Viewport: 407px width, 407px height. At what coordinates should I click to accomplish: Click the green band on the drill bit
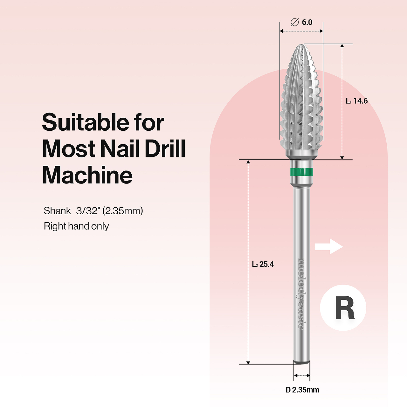(301, 172)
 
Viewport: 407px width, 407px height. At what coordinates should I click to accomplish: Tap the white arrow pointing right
(329, 246)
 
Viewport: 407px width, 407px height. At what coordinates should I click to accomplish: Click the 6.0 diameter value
(307, 22)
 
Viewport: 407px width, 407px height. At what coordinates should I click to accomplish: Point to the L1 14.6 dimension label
(357, 101)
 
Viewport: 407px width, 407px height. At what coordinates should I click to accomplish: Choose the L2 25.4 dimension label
(263, 264)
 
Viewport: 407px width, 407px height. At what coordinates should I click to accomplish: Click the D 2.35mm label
(302, 390)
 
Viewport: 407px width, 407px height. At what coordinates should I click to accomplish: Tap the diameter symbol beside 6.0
(295, 22)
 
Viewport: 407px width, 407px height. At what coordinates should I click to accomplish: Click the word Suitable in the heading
(85, 122)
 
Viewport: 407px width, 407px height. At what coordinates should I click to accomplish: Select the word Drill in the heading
(165, 149)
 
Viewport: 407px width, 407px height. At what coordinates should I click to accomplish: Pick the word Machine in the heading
(87, 175)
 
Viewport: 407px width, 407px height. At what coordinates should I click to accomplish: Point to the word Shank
(58, 211)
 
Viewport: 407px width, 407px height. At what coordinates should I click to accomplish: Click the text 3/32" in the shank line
(88, 211)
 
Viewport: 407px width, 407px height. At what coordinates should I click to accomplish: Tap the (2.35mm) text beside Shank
(123, 211)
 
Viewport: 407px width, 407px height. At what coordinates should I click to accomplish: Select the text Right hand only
(76, 226)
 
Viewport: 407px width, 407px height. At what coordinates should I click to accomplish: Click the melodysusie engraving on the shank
(301, 294)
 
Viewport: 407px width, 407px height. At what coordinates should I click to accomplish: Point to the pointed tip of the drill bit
(301, 45)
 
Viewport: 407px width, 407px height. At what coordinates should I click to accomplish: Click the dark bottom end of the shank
(301, 362)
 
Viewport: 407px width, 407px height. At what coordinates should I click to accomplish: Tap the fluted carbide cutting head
(301, 102)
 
